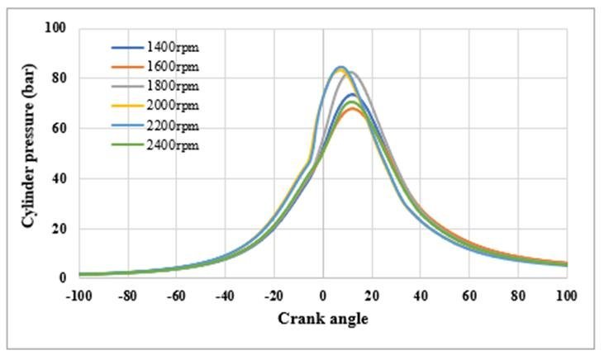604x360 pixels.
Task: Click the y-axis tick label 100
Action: (55, 29)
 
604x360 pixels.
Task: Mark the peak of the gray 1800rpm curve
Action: (351, 72)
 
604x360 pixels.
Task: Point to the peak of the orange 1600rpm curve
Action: (352, 109)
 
